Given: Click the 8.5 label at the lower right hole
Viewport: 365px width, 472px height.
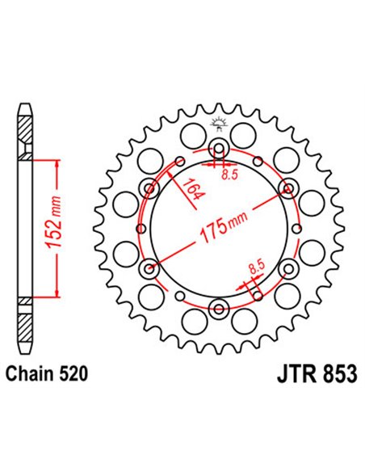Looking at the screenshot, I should click(255, 264).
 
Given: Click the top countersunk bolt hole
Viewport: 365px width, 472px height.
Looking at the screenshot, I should click(218, 148).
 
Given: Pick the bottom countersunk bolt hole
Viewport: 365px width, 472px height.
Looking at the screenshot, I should click(218, 307).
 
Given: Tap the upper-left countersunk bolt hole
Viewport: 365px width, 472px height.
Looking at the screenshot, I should click(149, 188).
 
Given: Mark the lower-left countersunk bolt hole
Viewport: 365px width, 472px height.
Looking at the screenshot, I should click(149, 268).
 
